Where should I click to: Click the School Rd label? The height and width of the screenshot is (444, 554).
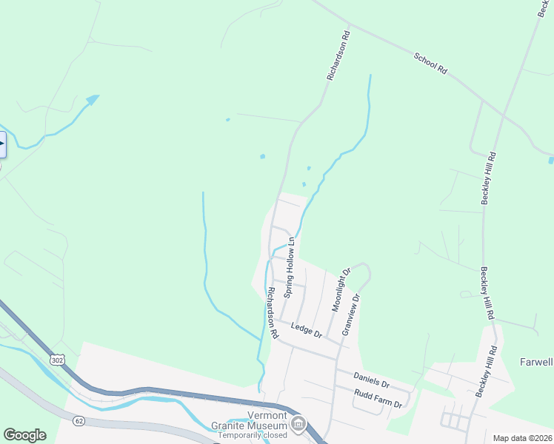pos(430,63)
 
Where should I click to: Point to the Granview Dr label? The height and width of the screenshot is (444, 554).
pos(351,314)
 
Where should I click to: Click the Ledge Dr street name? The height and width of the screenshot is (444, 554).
pos(307,330)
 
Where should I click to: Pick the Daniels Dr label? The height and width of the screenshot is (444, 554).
pos(371,380)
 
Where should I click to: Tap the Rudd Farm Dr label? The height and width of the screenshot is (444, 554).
pos(378,399)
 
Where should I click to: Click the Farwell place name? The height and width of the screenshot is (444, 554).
pos(536,362)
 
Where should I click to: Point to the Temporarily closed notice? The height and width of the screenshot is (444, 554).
pos(252,436)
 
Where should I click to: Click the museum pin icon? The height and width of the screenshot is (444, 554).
pos(298,424)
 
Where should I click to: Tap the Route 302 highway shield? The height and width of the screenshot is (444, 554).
pos(57,360)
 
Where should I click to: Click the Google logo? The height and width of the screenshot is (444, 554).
pos(24,435)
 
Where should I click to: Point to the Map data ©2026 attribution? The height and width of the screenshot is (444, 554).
pos(522,438)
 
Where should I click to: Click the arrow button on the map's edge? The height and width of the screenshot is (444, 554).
pos(2,144)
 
